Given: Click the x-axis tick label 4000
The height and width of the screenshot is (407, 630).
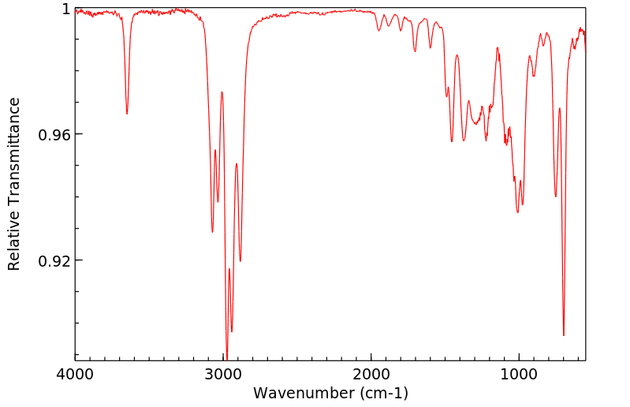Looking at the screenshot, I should [x=76, y=375].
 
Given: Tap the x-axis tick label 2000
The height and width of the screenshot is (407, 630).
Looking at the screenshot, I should [x=371, y=375].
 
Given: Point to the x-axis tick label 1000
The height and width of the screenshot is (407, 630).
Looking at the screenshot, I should [x=519, y=375].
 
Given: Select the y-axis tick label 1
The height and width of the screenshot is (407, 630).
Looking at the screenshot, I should [x=66, y=9].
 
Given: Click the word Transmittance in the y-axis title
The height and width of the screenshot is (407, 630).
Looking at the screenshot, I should [x=14, y=162].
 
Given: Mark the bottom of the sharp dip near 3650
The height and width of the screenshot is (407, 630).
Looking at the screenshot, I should [x=127, y=114].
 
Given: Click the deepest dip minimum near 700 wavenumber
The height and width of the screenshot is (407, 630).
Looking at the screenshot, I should [x=564, y=335].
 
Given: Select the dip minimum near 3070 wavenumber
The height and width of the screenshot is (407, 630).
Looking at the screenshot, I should [x=212, y=231].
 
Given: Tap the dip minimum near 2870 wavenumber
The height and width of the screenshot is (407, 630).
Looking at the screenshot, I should [x=240, y=261].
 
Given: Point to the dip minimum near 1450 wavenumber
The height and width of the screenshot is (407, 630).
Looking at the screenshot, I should [x=452, y=141].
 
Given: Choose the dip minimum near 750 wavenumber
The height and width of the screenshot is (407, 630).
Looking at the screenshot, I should [x=556, y=196].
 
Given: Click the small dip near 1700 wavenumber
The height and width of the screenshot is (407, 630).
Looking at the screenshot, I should [x=415, y=51].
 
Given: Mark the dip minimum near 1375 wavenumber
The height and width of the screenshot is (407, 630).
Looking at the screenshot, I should [x=464, y=140].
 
